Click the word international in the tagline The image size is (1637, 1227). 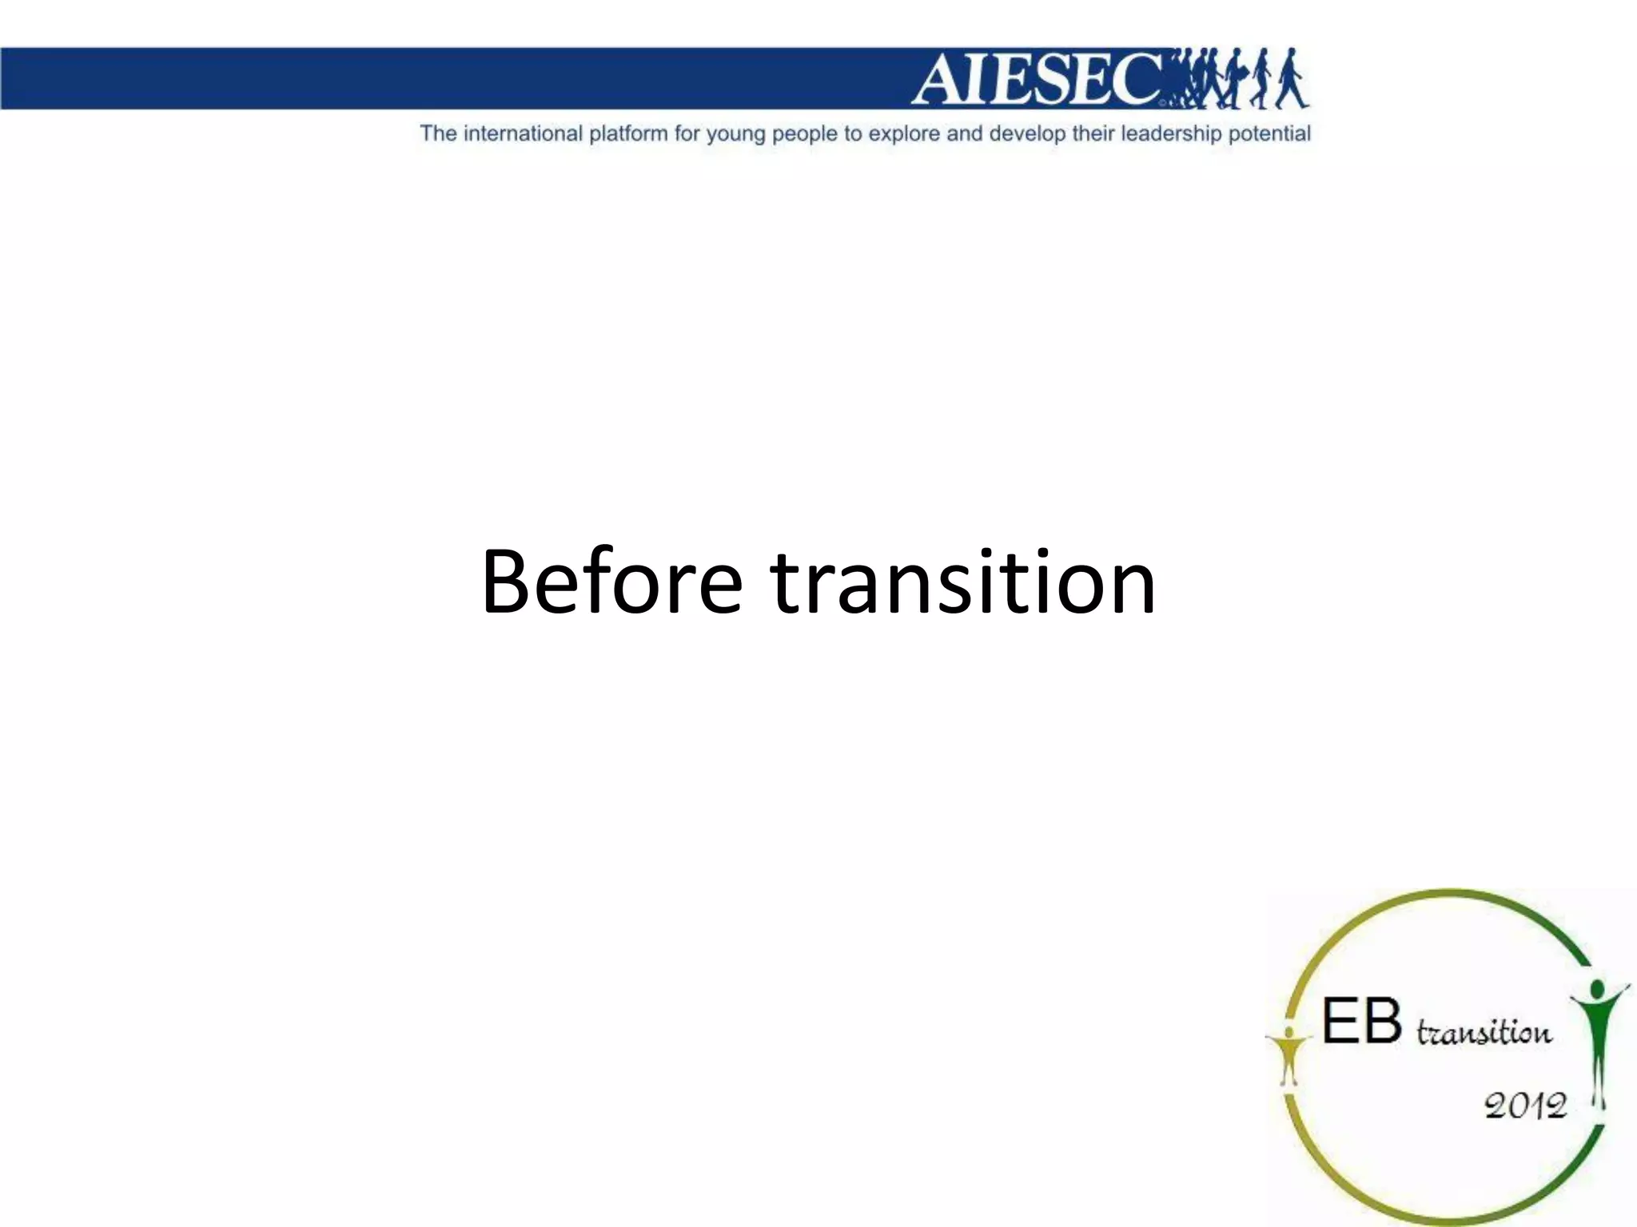(523, 133)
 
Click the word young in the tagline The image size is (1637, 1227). (735, 134)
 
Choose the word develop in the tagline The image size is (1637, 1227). (1026, 134)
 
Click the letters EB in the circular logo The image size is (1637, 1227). (1362, 1022)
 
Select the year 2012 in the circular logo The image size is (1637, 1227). (1525, 1106)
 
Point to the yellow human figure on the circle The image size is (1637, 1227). (1288, 1054)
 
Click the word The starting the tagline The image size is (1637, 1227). (438, 133)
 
